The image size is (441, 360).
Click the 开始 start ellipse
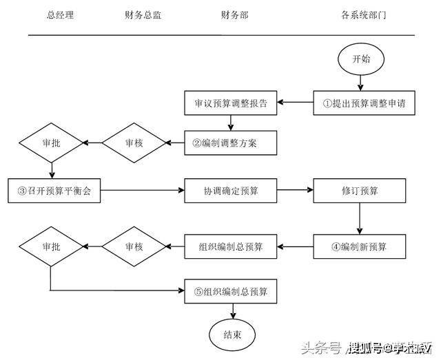(360, 59)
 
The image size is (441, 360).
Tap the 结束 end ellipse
(231, 335)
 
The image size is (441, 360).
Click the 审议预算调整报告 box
(231, 104)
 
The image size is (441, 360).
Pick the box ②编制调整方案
(231, 143)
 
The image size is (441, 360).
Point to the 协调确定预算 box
(231, 190)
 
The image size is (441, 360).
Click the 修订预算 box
(359, 190)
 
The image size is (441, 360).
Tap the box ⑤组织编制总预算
(231, 291)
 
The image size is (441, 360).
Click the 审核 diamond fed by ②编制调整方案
(135, 143)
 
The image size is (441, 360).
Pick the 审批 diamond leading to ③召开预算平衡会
(52, 143)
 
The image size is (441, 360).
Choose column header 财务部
(234, 14)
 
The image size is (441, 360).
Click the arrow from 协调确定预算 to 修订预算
(296, 190)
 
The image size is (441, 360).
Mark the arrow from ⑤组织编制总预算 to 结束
(231, 310)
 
